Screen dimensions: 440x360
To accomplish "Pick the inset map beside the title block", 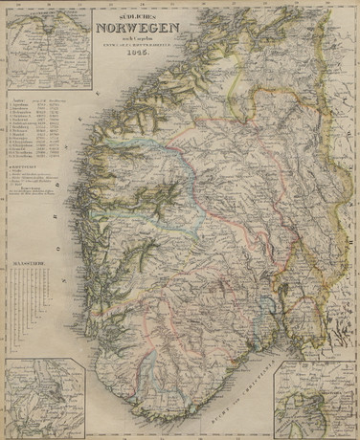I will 48,48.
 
